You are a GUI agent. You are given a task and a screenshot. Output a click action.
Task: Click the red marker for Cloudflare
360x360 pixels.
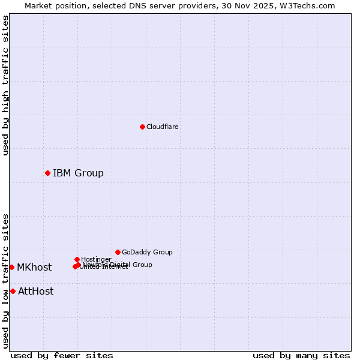(x=142, y=127)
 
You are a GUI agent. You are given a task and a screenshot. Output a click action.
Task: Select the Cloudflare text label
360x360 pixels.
(x=162, y=127)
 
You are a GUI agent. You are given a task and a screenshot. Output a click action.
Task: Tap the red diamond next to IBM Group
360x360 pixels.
(x=47, y=173)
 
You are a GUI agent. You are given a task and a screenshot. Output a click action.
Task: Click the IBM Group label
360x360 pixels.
(x=78, y=173)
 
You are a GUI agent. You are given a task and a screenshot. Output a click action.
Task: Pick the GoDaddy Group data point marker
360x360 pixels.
(x=118, y=252)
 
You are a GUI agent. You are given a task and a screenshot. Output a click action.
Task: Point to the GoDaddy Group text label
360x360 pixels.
(x=147, y=252)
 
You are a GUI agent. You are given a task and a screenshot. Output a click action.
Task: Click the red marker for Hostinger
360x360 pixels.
(x=77, y=259)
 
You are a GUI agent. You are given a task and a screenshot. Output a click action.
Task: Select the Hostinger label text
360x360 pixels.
(x=96, y=259)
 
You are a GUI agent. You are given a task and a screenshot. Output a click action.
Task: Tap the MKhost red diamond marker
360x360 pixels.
(x=11, y=267)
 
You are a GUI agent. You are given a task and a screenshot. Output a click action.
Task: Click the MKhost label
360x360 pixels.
(x=34, y=268)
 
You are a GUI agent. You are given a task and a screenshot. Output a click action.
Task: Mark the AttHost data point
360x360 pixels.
(x=13, y=291)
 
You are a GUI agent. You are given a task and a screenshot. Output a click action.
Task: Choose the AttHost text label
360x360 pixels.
(x=35, y=292)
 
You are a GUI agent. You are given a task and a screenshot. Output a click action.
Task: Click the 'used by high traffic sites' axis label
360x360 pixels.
(x=5, y=85)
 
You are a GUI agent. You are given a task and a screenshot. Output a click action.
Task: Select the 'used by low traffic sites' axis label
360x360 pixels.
(x=5, y=281)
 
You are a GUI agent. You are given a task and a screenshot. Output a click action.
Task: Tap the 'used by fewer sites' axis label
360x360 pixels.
(x=62, y=356)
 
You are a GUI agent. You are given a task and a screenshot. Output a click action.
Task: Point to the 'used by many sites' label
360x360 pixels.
(x=301, y=356)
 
